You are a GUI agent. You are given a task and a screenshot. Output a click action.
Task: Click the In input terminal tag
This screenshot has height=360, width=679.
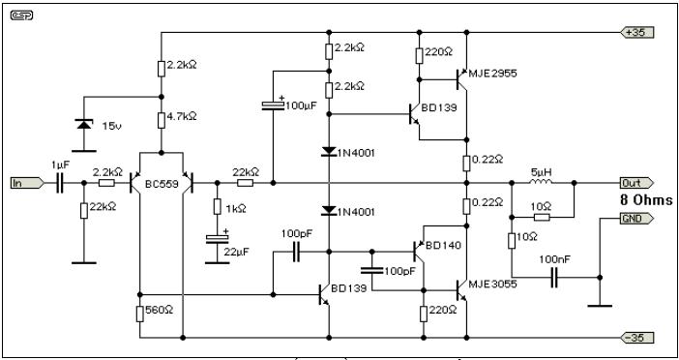point(27,183)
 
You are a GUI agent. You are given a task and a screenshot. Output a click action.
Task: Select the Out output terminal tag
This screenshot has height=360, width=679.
point(636,183)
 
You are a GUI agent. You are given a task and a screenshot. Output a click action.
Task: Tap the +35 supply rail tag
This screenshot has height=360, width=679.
point(636,32)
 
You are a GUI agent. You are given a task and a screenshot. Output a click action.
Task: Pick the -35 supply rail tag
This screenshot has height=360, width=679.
point(636,338)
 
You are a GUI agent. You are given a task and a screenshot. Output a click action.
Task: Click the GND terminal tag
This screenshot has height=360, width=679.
point(636,219)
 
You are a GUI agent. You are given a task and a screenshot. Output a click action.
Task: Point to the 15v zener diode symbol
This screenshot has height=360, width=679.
point(84,125)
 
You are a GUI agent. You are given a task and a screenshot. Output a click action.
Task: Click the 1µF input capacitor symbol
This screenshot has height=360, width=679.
point(60,183)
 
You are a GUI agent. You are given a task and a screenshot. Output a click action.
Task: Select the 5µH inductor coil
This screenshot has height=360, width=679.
point(542,181)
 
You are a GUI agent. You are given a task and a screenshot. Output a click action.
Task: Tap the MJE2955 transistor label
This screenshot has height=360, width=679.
point(492,74)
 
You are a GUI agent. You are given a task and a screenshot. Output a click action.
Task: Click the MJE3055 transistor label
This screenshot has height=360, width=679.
point(492,285)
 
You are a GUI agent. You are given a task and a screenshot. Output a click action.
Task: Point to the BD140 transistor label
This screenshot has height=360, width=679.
point(443,245)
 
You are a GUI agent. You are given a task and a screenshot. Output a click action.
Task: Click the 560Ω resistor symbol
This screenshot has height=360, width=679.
point(140,315)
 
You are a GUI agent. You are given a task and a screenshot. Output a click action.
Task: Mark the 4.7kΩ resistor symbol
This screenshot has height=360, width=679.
point(162,120)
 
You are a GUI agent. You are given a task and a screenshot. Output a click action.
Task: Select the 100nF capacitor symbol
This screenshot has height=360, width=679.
point(555,277)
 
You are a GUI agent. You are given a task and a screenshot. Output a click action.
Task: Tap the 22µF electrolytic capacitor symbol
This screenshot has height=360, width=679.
point(218,238)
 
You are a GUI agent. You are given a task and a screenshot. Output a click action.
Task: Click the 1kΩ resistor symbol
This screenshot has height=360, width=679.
point(218,207)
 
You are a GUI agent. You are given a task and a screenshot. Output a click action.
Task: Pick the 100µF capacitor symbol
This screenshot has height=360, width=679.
point(273,105)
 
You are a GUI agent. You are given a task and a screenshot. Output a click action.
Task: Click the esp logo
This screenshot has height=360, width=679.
point(21,15)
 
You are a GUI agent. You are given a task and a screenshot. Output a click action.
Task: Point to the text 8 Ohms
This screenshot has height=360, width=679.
point(646,200)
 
